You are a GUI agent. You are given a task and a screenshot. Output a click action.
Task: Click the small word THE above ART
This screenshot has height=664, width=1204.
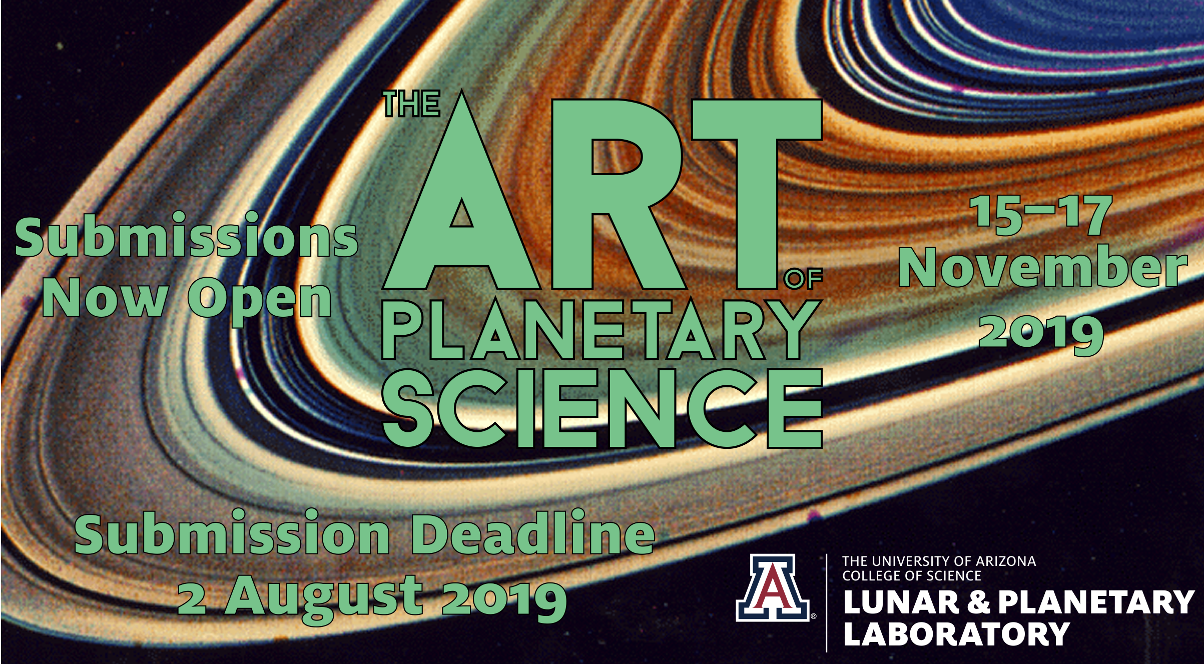click(x=412, y=104)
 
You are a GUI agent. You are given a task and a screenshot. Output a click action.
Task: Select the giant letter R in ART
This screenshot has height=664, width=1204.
click(x=619, y=194)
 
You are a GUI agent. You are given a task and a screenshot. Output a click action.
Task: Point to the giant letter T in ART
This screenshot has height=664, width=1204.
click(x=757, y=194)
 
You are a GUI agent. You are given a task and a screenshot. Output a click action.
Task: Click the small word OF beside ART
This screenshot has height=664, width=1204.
click(x=803, y=279)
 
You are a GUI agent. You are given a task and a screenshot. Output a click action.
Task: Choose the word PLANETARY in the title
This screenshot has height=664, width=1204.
click(x=602, y=330)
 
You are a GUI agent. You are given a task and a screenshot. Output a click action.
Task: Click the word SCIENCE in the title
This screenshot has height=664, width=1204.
click(x=603, y=408)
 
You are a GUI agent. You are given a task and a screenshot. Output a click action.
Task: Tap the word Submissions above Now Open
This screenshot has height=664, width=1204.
click(x=186, y=235)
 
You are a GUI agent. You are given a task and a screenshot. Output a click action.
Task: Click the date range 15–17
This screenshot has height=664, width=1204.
click(x=1040, y=215)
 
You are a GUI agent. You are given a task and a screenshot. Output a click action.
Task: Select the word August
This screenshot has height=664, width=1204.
click(x=323, y=598)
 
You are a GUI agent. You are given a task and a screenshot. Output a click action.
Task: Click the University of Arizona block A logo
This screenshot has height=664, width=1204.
click(x=773, y=587)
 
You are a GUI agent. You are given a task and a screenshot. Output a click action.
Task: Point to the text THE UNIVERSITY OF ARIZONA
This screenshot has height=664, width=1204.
click(x=939, y=561)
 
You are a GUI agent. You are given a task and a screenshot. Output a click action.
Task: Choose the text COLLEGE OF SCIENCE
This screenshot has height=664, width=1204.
click(x=912, y=576)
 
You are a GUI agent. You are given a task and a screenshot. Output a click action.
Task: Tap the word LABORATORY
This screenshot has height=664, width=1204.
click(x=956, y=634)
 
